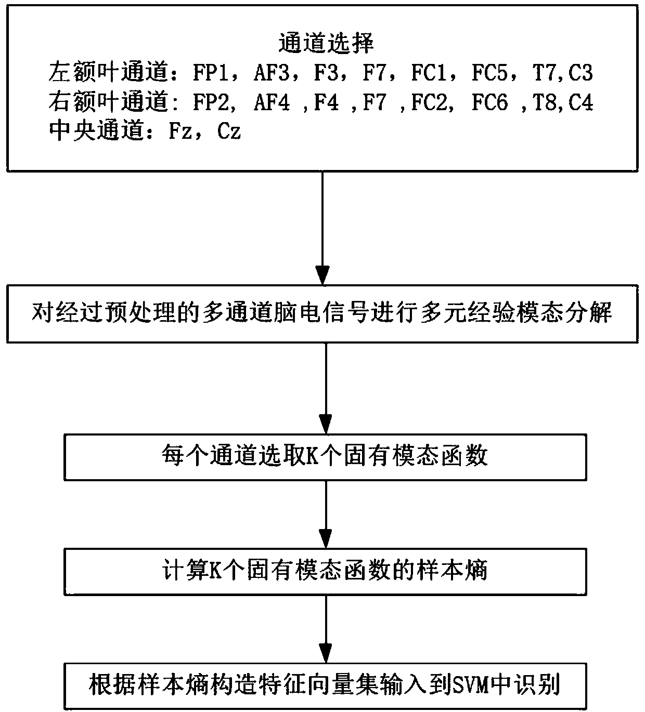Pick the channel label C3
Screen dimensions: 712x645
coord(580,73)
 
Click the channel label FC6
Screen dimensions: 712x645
coord(489,103)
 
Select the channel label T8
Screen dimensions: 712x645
coord(544,103)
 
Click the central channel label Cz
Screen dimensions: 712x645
coord(229,132)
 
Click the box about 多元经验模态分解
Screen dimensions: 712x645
coord(322,313)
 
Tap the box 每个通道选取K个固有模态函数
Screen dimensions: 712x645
coord(325,457)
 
